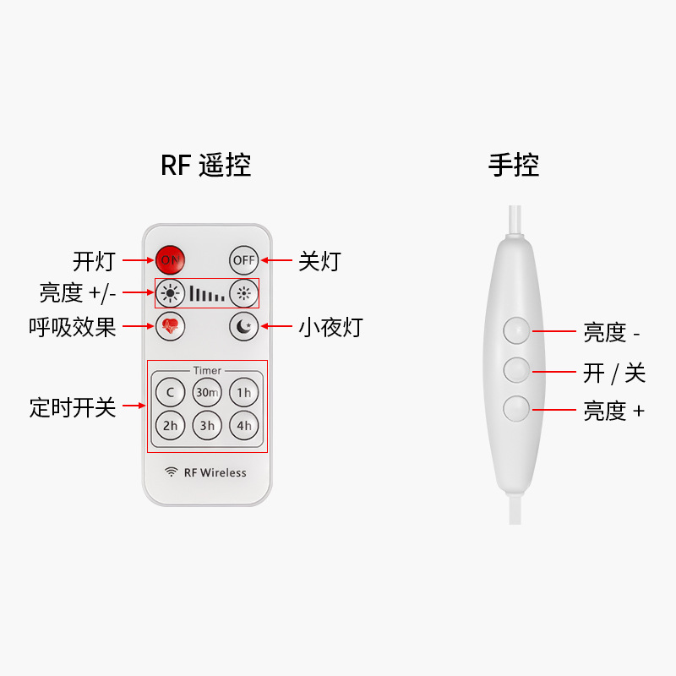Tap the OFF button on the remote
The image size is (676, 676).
click(244, 259)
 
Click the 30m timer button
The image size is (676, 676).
click(207, 392)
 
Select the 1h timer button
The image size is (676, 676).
click(244, 392)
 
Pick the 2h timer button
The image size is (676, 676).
click(170, 426)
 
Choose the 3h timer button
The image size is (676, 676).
click(207, 426)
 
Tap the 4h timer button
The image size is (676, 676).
click(244, 426)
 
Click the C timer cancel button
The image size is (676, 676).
click(170, 392)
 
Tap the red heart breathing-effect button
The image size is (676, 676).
click(170, 325)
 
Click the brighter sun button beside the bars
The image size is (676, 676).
click(170, 293)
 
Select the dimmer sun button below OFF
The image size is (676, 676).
click(244, 293)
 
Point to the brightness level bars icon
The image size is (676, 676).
click(207, 294)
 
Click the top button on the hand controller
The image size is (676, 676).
click(516, 330)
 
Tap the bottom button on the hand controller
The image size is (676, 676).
click(516, 409)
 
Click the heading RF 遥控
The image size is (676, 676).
click(206, 165)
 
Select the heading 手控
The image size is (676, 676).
click(514, 165)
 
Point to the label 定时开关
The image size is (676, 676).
click(73, 407)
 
